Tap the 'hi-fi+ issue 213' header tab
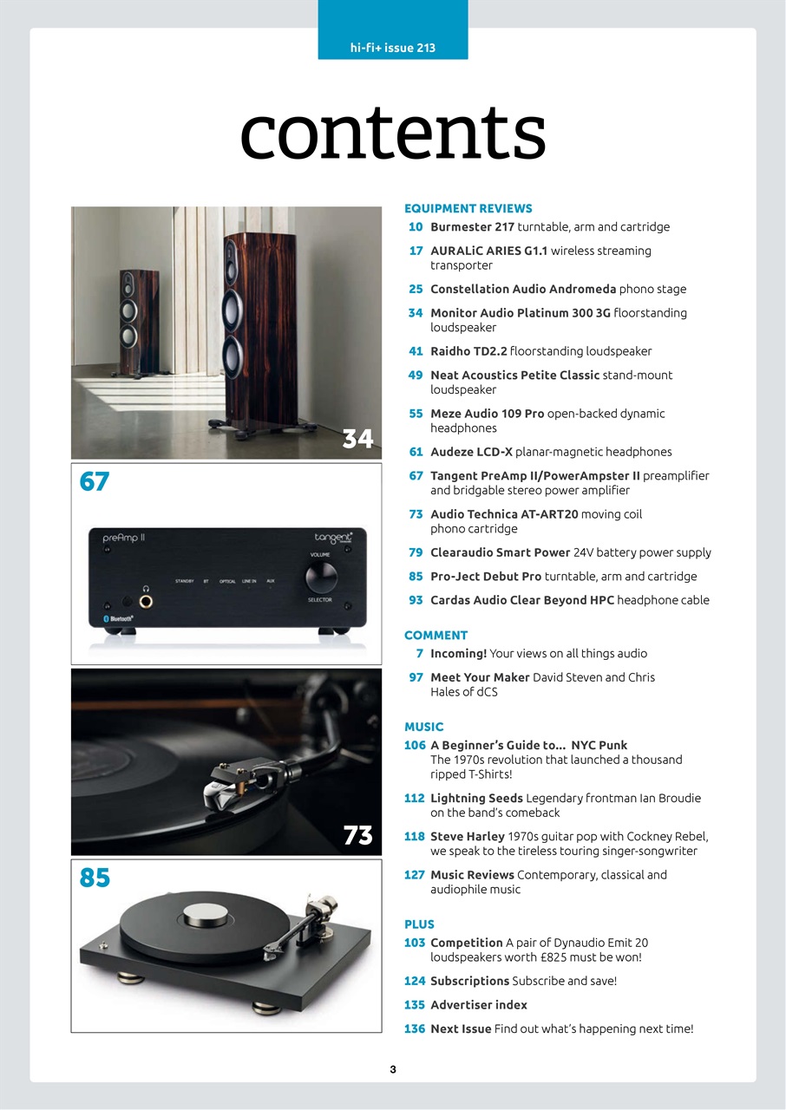[x=392, y=48]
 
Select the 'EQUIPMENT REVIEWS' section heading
[x=468, y=209]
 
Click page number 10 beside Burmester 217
[x=416, y=227]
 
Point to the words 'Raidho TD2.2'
[x=468, y=351]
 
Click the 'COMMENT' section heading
[x=436, y=636]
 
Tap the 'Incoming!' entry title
[x=458, y=654]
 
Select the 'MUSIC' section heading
[x=423, y=728]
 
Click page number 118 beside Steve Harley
[x=414, y=837]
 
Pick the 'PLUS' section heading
[x=419, y=924]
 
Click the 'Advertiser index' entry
[x=479, y=1005]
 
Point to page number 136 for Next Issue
[x=414, y=1029]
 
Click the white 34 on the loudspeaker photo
[x=357, y=440]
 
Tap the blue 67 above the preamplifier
[x=95, y=481]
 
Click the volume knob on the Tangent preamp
[x=321, y=577]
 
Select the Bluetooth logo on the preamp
[x=118, y=618]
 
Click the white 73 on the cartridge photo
[x=357, y=836]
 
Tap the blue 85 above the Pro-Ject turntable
[x=95, y=878]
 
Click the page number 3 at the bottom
[x=393, y=1070]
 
